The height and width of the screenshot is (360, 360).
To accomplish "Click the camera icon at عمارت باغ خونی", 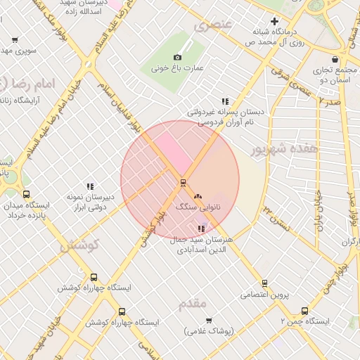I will coord(177,57).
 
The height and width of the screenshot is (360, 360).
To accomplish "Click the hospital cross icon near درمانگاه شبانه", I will coord(274,22).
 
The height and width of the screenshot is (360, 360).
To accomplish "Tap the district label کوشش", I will coord(80,246).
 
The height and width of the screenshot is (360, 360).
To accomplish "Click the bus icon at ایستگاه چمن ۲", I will coord(304,310).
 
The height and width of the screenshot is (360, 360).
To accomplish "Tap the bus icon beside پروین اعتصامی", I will coord(264,283).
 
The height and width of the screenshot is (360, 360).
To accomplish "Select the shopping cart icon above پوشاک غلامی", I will coord(209,321).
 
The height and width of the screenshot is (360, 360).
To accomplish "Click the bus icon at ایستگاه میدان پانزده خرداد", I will coord(27,195).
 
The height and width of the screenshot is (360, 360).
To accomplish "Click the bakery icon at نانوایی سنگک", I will coord(197,195).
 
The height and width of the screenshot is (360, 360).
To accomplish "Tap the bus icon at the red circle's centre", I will coord(183,183).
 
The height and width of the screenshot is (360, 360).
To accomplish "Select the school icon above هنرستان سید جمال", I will coord(202,229).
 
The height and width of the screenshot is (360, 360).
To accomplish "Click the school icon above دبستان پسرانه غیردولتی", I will coord(225,101).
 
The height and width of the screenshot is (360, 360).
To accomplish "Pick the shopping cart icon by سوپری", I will coord(15,40).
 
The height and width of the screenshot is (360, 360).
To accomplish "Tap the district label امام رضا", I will coord(25,83).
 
